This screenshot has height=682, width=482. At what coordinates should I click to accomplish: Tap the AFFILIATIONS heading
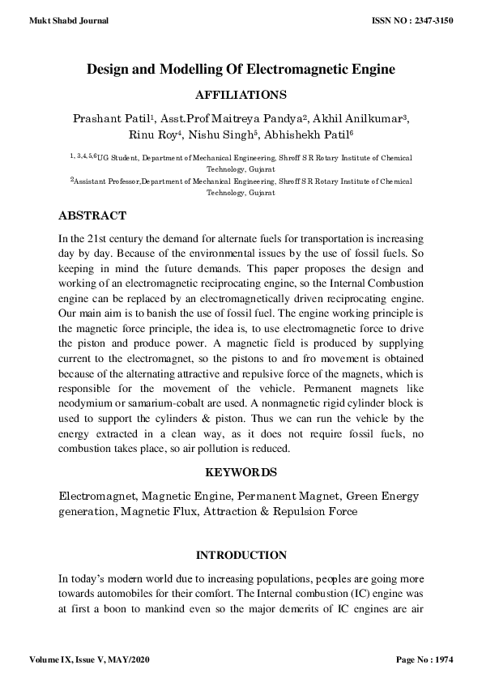click(241, 95)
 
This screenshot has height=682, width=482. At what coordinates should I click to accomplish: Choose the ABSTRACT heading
click(92, 216)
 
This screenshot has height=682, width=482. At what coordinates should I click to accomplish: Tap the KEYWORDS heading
click(241, 471)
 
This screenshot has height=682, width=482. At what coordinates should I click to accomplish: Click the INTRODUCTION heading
click(241, 556)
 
